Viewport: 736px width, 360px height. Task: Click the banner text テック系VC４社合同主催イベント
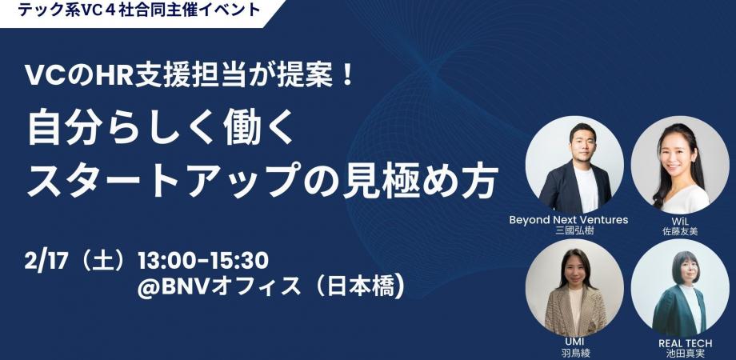(x=139, y=10)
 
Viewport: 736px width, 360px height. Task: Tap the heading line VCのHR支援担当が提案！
(x=190, y=75)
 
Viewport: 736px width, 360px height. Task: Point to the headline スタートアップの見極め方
(x=262, y=181)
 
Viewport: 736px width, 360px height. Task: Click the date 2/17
(x=46, y=262)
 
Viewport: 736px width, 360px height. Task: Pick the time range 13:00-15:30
(x=202, y=262)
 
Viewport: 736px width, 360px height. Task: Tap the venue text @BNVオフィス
(x=219, y=286)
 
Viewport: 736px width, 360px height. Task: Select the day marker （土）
(x=102, y=262)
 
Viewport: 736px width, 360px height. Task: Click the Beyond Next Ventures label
(x=569, y=220)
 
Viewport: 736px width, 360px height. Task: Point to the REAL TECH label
(x=685, y=343)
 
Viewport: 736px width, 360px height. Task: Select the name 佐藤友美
(x=680, y=231)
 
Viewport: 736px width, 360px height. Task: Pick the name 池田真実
(x=686, y=354)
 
